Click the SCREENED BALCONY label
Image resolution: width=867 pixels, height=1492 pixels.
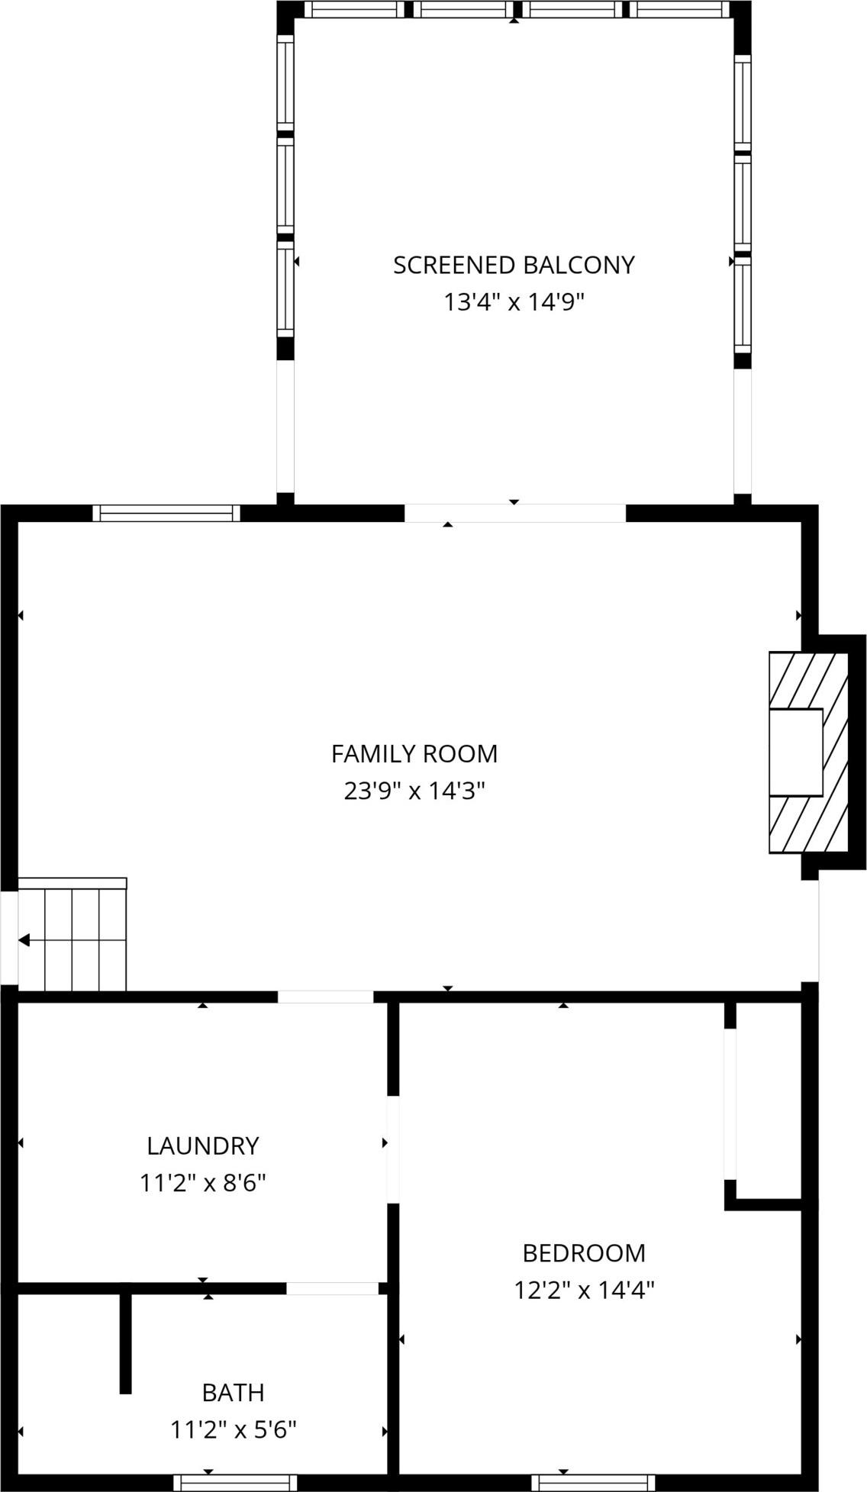[514, 265]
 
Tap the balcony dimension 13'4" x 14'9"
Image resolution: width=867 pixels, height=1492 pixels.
[514, 302]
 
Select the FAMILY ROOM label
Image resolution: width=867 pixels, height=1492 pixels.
[414, 754]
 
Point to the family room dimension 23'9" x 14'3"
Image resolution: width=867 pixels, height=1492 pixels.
[414, 791]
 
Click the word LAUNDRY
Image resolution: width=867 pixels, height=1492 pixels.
[203, 1146]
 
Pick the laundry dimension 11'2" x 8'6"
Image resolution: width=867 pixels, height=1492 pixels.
[203, 1183]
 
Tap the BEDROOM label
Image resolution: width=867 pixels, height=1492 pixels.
[584, 1253]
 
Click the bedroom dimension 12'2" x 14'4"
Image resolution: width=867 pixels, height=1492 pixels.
[584, 1291]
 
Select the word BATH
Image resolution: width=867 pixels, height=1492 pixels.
[234, 1393]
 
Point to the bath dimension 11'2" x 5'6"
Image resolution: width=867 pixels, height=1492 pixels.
[234, 1429]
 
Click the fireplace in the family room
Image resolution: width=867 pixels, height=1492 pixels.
[808, 752]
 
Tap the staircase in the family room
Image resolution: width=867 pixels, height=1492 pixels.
[72, 935]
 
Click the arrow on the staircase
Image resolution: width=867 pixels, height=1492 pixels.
[24, 939]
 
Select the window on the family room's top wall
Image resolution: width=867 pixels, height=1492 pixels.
[166, 514]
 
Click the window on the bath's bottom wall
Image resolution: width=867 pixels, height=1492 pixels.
[235, 1483]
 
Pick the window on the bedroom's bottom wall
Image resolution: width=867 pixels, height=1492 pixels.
[593, 1483]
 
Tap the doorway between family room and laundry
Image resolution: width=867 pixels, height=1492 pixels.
[325, 997]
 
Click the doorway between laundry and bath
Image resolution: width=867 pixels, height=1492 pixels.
[333, 1288]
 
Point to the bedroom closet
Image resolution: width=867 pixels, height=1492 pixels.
[765, 1104]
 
